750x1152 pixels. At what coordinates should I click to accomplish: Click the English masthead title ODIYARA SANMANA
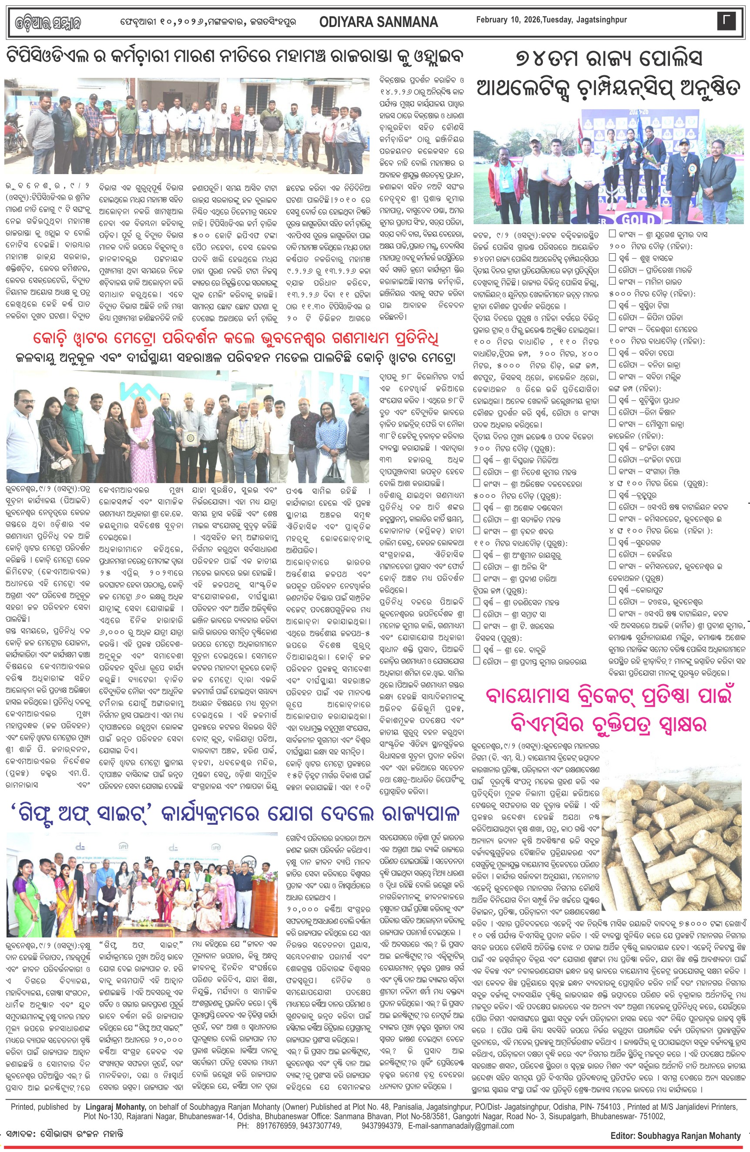(x=379, y=22)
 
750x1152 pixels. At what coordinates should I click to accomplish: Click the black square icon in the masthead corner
(x=726, y=21)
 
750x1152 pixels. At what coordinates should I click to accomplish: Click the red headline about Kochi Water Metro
(x=236, y=338)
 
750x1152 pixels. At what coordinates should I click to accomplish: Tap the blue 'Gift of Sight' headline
(x=236, y=814)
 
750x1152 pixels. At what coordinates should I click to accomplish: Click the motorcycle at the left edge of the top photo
(x=10, y=141)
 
